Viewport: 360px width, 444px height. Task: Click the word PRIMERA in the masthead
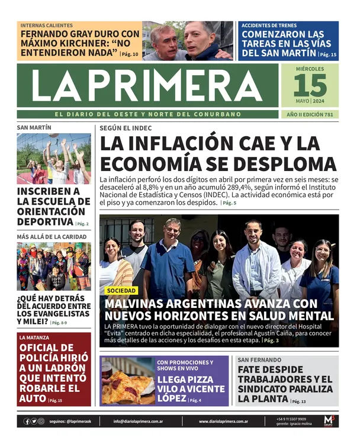[x=172, y=85]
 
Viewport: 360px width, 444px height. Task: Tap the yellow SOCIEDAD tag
[x=121, y=291]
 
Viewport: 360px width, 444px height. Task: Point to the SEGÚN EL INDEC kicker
[x=126, y=128]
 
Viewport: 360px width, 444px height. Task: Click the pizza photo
[x=127, y=381]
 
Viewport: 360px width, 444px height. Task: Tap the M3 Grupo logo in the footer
[x=329, y=420]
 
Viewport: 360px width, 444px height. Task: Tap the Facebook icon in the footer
[x=27, y=422]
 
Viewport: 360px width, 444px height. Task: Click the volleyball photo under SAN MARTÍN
[x=54, y=158]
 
